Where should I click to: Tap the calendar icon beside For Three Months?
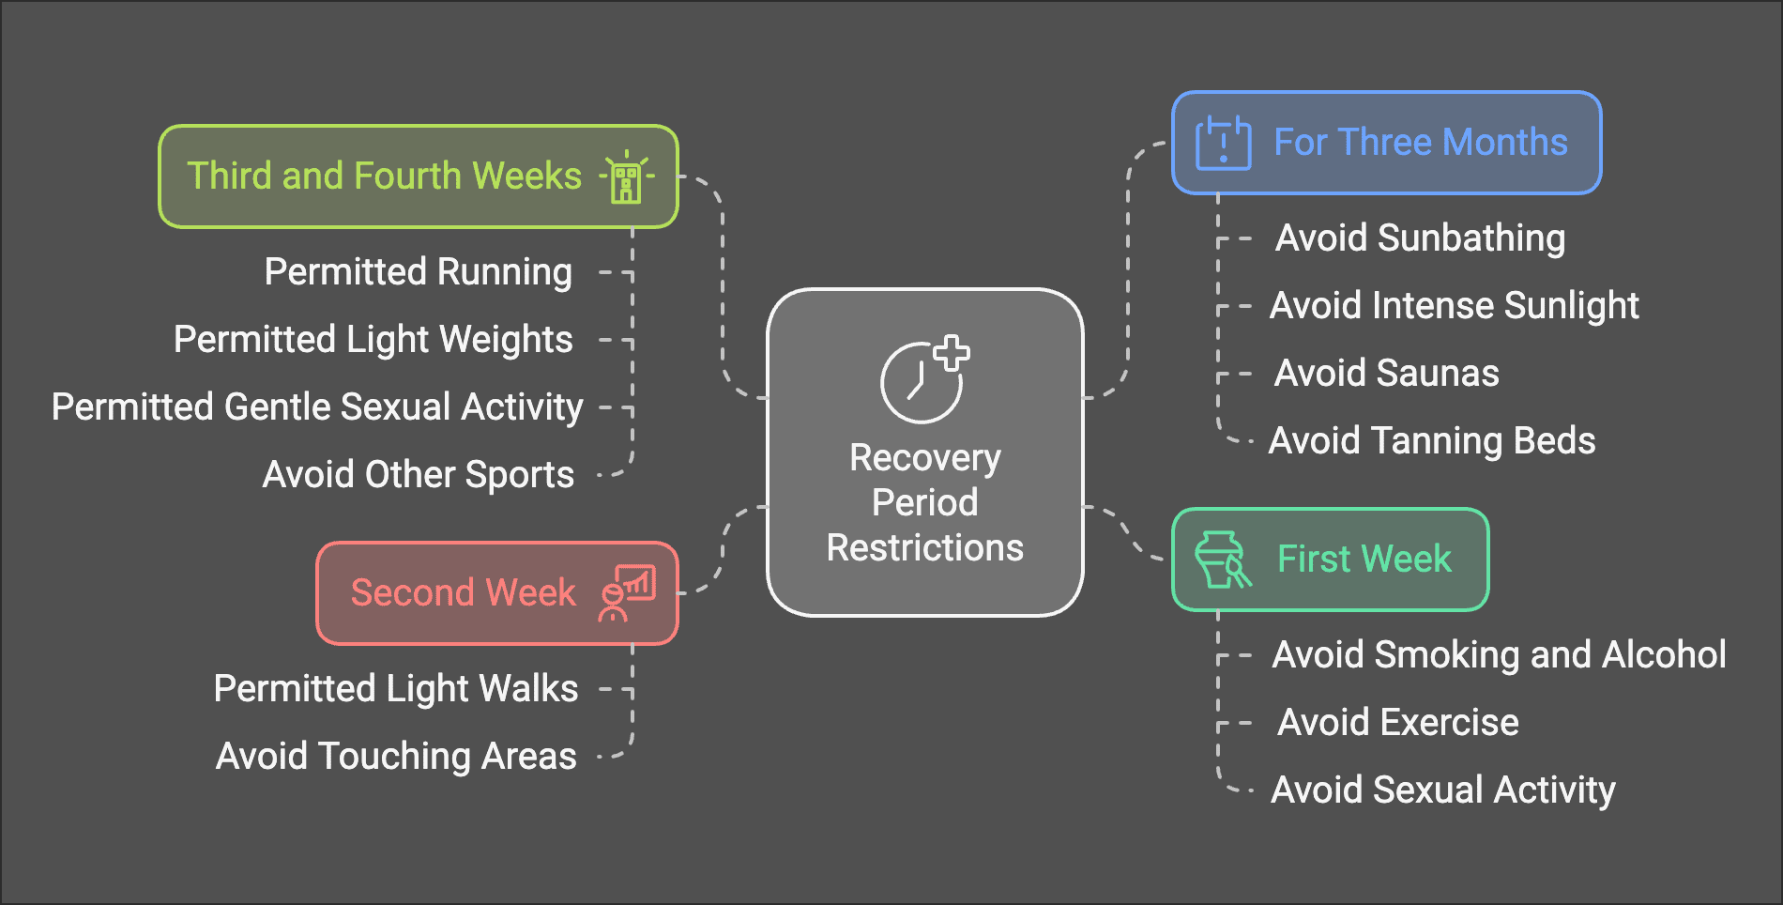(1223, 143)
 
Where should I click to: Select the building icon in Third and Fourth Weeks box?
(626, 177)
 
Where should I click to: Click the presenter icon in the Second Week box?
(627, 593)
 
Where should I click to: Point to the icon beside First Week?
(1222, 560)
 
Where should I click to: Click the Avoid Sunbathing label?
(1420, 238)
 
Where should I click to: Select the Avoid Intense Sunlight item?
(1454, 306)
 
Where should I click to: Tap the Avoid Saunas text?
(1386, 374)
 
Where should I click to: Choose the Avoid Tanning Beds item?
(1431, 441)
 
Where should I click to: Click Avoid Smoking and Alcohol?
(1499, 655)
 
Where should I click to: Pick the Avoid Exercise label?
(1397, 723)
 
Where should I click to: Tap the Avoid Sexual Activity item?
(1442, 790)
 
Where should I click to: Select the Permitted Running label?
(418, 272)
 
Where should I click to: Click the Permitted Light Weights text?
(373, 340)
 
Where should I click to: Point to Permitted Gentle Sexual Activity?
(317, 407)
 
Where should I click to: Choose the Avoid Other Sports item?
(418, 475)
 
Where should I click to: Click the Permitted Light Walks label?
(395, 689)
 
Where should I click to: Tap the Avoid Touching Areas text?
(396, 757)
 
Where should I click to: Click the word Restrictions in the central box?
(924, 548)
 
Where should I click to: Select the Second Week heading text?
(463, 593)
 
